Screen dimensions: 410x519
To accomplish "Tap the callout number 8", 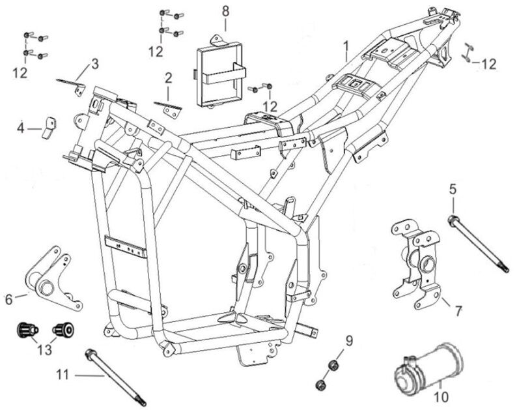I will [225, 11].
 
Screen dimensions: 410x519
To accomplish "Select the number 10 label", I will [441, 396].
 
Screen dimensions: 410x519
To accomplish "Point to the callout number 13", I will [44, 351].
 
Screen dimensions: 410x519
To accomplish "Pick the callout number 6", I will [8, 299].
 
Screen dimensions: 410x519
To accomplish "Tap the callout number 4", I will [20, 129].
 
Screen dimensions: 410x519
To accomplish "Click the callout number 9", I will [348, 340].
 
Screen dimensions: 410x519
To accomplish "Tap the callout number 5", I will [453, 190].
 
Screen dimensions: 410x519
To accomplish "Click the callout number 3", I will [94, 64].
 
